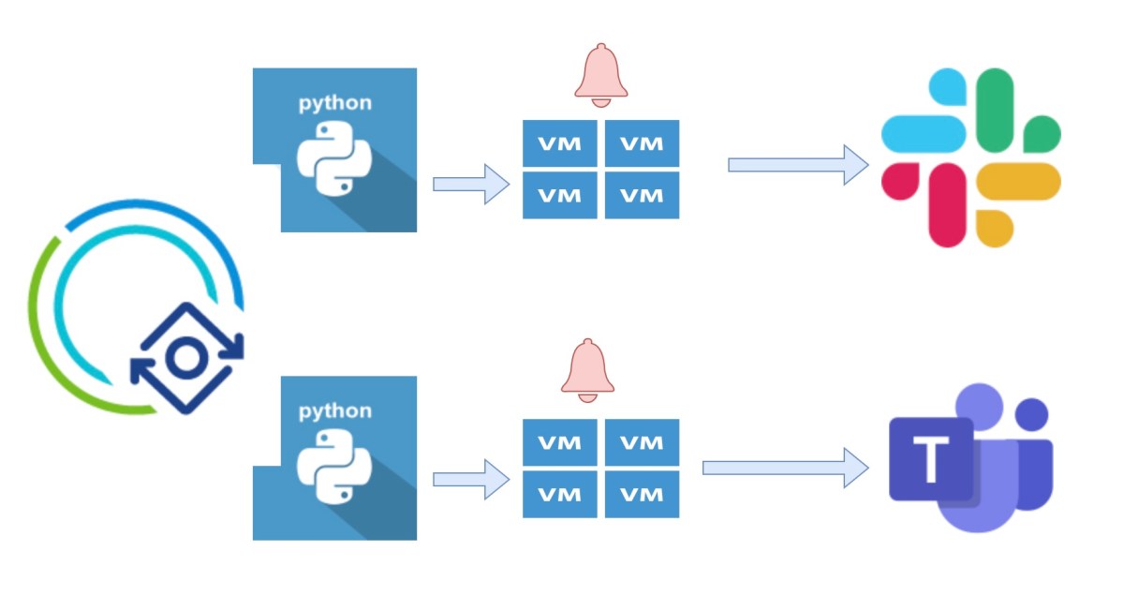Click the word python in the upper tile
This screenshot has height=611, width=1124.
[334, 103]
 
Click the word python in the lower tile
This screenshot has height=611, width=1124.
[334, 410]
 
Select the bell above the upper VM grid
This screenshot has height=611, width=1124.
[600, 72]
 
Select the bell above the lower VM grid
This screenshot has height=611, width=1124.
[587, 369]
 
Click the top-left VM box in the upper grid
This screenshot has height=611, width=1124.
[560, 143]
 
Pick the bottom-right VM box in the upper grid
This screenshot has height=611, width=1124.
[642, 196]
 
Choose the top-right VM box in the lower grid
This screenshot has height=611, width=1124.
[642, 442]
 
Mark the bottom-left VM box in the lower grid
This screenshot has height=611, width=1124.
[560, 494]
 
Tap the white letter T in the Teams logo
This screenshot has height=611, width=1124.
[930, 459]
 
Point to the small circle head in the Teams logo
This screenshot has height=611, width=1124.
[1031, 414]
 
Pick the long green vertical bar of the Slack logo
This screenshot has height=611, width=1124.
[995, 108]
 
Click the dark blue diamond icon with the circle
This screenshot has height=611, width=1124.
[186, 357]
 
